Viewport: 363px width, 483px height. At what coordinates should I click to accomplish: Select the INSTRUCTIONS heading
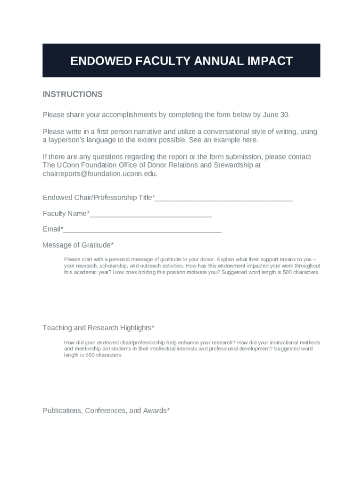(73, 94)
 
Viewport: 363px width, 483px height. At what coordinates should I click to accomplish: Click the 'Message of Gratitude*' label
(78, 245)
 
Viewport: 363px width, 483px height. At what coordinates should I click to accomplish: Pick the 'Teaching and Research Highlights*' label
(99, 328)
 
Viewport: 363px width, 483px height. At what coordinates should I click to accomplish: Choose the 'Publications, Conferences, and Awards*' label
(106, 411)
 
